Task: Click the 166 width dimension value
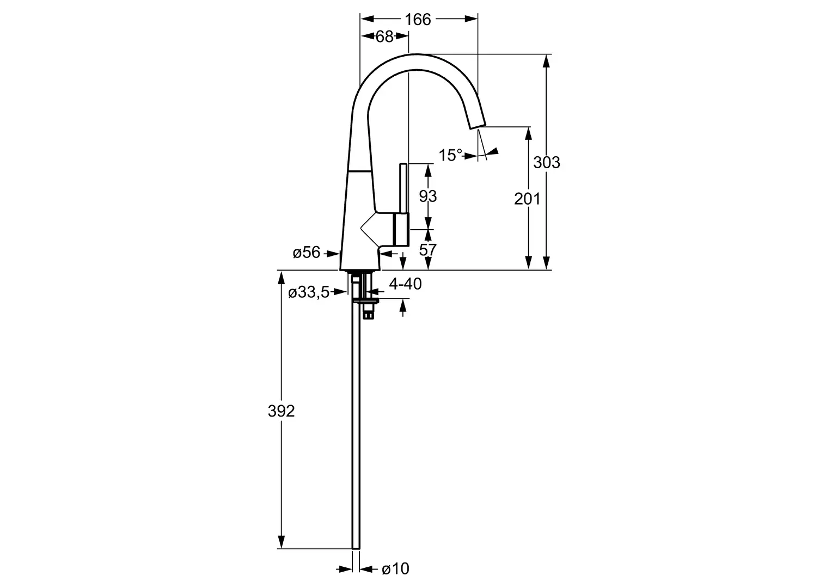click(x=418, y=20)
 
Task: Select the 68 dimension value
click(x=384, y=37)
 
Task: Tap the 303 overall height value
click(x=547, y=163)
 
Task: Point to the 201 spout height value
click(x=527, y=199)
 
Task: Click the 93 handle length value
click(x=428, y=196)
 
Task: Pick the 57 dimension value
click(x=428, y=250)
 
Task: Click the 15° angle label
click(x=450, y=155)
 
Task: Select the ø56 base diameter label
click(x=307, y=253)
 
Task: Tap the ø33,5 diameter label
click(x=309, y=293)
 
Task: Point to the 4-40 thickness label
click(x=406, y=284)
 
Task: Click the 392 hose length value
click(x=281, y=411)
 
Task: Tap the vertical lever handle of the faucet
click(x=403, y=189)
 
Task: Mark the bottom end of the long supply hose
click(x=356, y=548)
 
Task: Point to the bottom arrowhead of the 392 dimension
click(x=281, y=542)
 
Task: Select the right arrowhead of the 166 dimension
click(x=471, y=19)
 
